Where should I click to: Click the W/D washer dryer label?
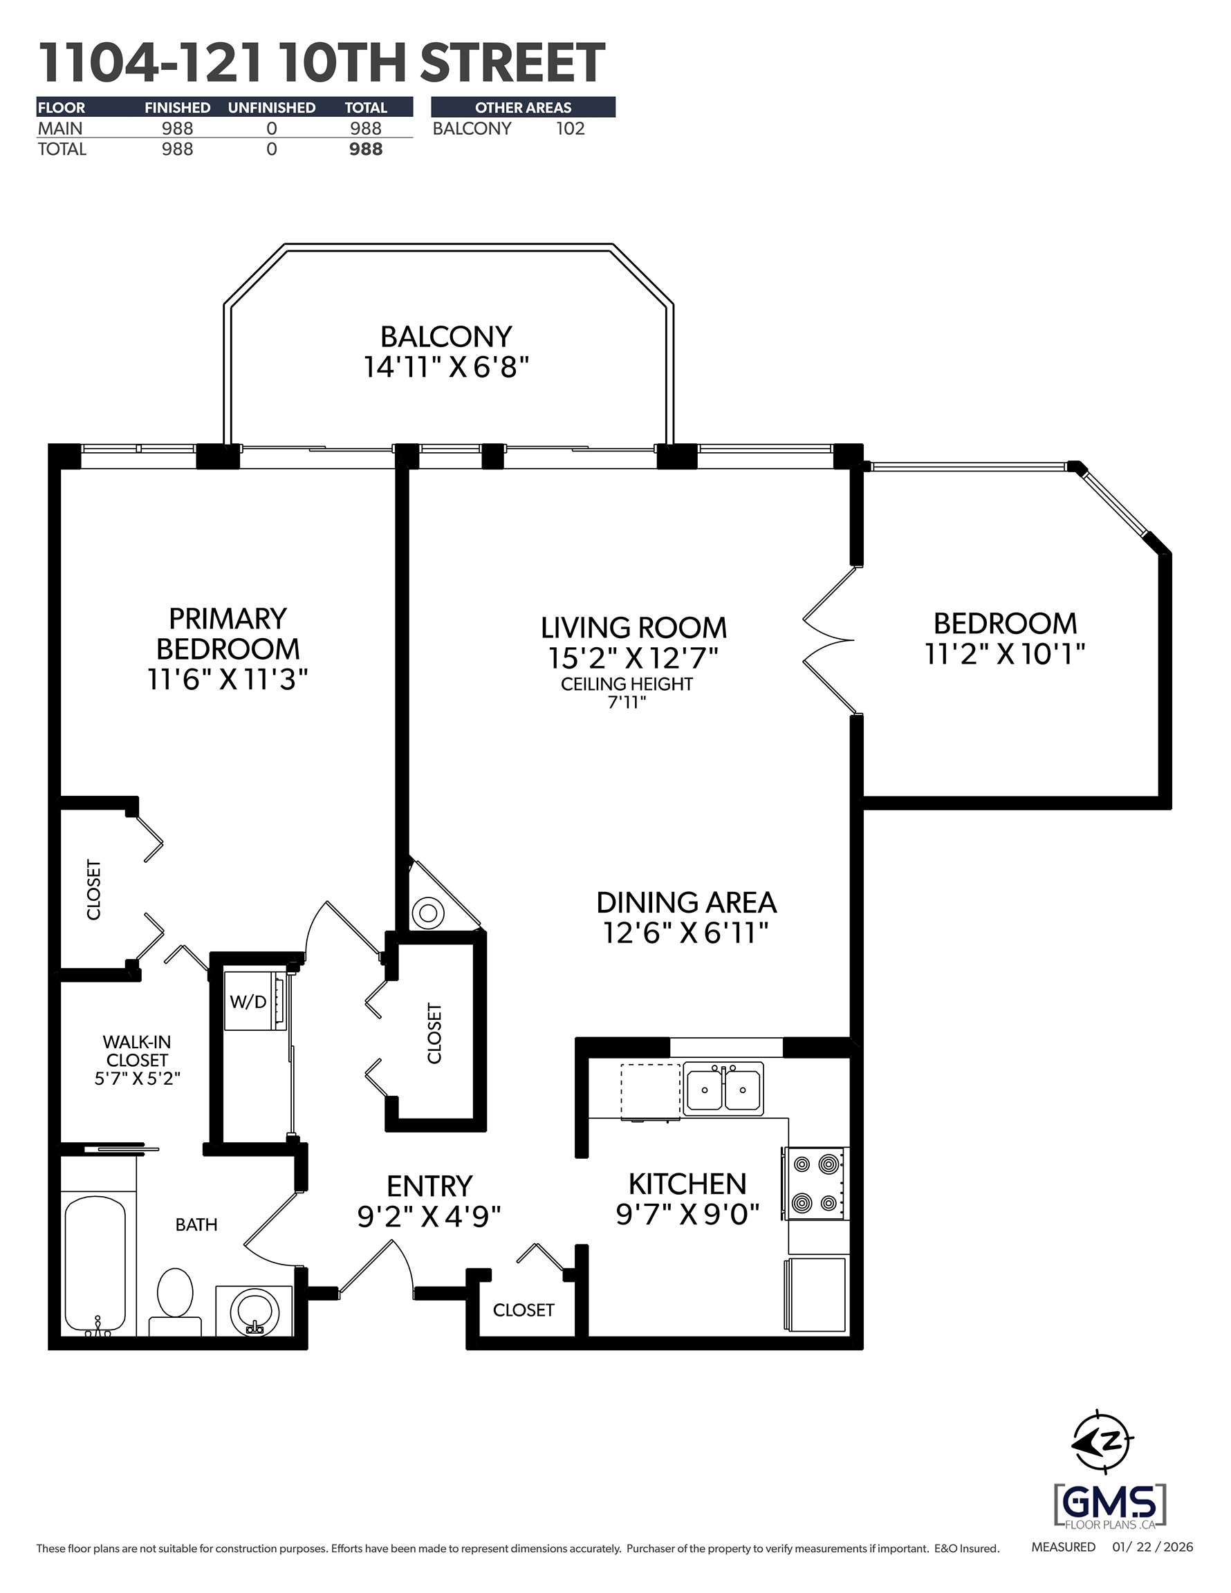pos(248,1001)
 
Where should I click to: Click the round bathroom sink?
pos(254,1312)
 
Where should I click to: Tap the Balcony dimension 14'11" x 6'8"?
pos(446,367)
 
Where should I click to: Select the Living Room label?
pos(633,628)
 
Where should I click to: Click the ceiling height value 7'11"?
pos(627,703)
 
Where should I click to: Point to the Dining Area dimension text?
pos(686,933)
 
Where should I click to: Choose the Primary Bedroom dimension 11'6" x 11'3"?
pos(228,680)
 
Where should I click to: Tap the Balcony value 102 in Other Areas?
pos(570,129)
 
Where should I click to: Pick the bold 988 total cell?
pos(366,149)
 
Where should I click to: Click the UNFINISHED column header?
pos(272,108)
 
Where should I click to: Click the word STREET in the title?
pos(512,64)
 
